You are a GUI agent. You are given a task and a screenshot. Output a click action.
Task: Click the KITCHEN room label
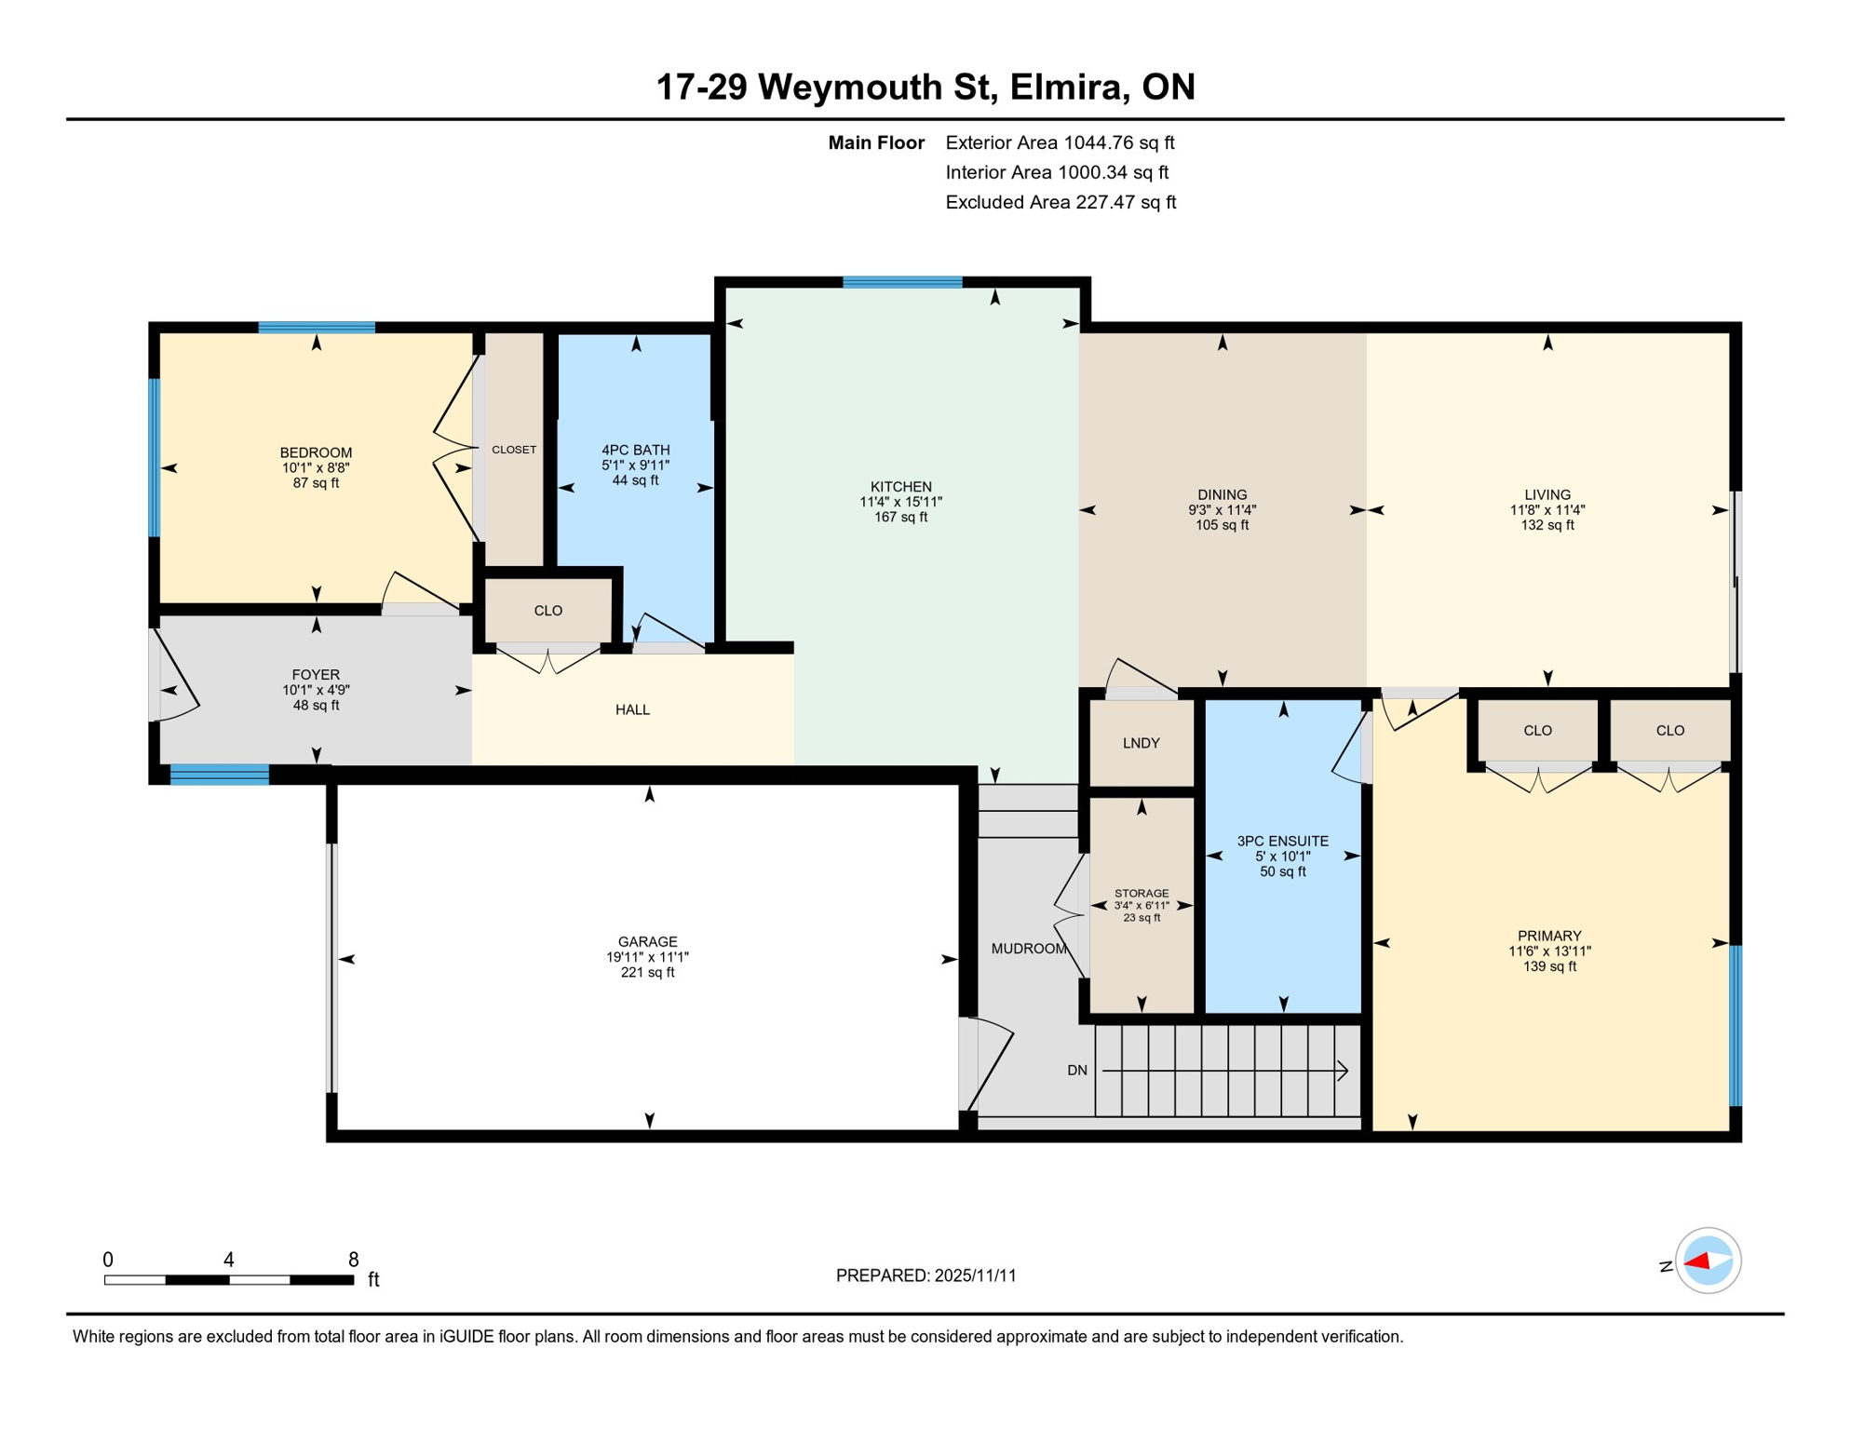pyautogui.click(x=900, y=487)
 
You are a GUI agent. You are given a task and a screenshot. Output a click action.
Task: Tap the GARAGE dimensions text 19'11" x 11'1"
pyautogui.click(x=647, y=957)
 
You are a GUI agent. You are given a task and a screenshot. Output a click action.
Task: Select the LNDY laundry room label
pyautogui.click(x=1141, y=743)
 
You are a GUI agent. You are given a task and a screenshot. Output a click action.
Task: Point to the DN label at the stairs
pyautogui.click(x=1076, y=1071)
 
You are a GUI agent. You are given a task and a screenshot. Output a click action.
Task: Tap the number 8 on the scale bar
pyautogui.click(x=353, y=1260)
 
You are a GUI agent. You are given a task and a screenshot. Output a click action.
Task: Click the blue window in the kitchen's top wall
pyautogui.click(x=901, y=282)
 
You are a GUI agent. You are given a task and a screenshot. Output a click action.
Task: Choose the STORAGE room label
pyautogui.click(x=1141, y=893)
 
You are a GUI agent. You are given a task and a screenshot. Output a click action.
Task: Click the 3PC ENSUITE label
pyautogui.click(x=1282, y=841)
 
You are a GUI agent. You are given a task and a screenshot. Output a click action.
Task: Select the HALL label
pyautogui.click(x=632, y=709)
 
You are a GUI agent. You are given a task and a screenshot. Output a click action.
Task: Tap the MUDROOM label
pyautogui.click(x=1028, y=949)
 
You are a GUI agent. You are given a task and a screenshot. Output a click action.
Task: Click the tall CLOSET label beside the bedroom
pyautogui.click(x=513, y=450)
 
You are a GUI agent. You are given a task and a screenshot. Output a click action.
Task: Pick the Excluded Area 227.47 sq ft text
pyautogui.click(x=1060, y=202)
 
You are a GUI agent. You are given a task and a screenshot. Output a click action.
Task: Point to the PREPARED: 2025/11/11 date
pyautogui.click(x=925, y=1275)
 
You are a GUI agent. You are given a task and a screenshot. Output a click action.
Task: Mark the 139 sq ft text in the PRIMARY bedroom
pyautogui.click(x=1548, y=966)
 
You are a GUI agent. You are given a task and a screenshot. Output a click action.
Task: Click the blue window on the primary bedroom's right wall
pyautogui.click(x=1735, y=1025)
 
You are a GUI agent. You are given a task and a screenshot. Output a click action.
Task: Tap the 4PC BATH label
pyautogui.click(x=635, y=450)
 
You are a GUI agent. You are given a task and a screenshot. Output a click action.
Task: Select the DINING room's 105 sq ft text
pyautogui.click(x=1222, y=525)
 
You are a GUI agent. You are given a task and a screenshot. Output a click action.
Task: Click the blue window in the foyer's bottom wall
pyautogui.click(x=220, y=774)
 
